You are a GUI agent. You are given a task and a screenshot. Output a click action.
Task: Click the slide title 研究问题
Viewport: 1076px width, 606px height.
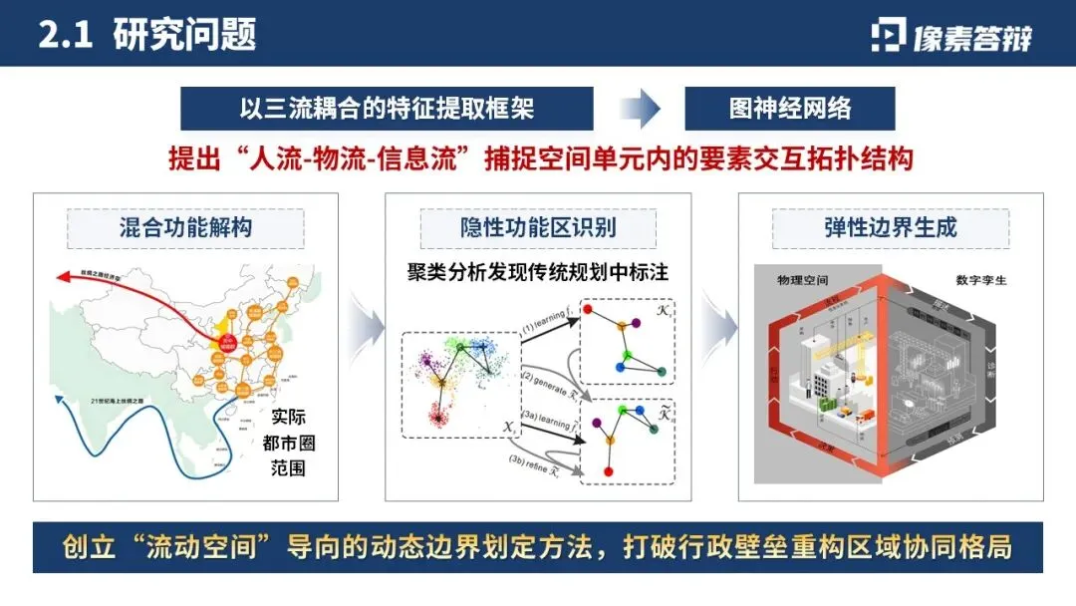click(184, 34)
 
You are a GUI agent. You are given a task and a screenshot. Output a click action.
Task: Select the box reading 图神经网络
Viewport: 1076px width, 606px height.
click(789, 109)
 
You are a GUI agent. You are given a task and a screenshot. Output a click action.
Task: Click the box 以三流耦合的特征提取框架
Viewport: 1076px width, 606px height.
click(387, 109)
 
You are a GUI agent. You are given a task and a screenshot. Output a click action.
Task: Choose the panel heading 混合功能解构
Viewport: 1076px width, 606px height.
click(185, 227)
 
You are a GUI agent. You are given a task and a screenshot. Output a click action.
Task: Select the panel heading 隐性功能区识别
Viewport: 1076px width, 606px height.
click(538, 227)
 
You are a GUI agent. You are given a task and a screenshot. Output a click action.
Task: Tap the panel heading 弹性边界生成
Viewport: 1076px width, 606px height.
click(890, 227)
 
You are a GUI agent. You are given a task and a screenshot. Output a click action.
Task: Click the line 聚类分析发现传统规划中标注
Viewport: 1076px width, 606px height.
click(538, 270)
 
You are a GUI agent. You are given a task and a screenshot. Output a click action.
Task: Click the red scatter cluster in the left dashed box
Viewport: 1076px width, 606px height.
click(435, 413)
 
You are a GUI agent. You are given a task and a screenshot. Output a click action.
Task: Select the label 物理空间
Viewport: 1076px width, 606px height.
click(803, 280)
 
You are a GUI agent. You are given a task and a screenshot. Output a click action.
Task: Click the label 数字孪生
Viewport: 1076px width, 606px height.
click(981, 280)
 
